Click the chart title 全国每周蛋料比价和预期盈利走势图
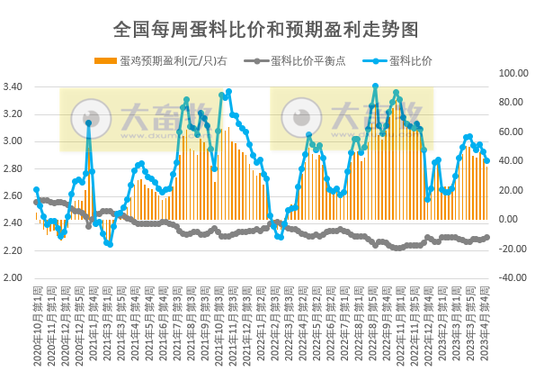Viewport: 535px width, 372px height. pos(266,30)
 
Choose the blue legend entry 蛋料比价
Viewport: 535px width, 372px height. pos(410,61)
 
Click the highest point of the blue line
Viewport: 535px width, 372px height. pos(375,86)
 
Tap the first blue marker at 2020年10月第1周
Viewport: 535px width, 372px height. pos(36,190)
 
